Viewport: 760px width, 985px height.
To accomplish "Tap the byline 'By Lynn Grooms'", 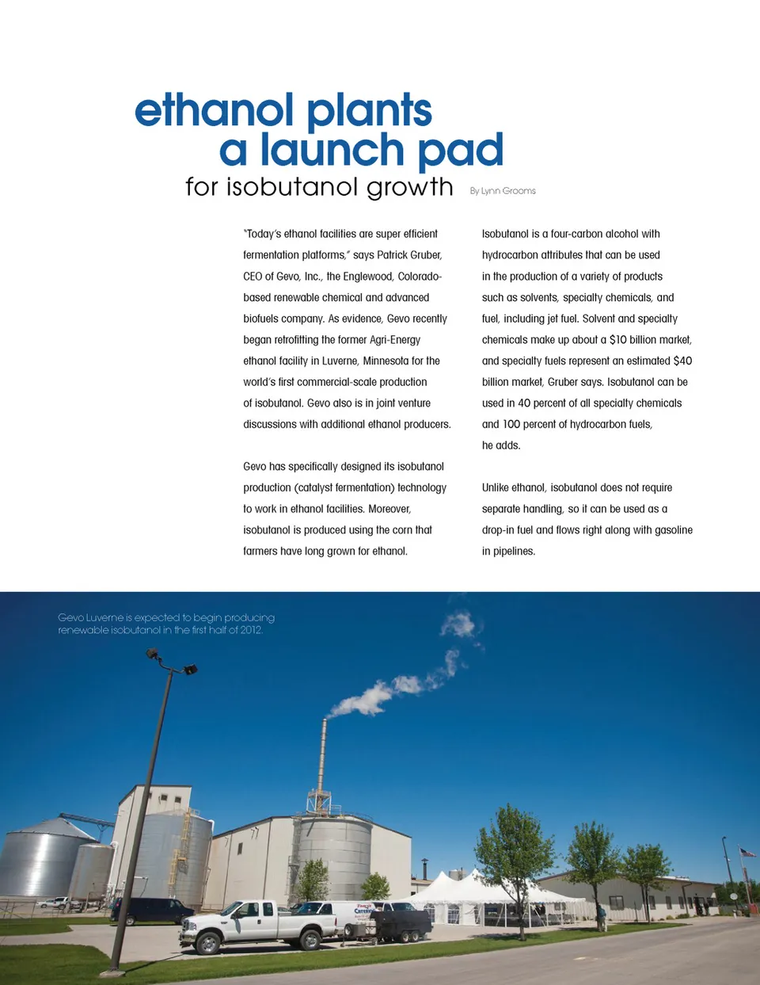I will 503,191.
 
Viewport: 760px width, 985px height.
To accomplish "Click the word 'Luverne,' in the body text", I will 340,361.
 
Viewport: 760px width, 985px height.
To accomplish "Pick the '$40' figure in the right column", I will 682,361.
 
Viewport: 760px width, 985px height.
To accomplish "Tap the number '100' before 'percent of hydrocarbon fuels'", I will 512,424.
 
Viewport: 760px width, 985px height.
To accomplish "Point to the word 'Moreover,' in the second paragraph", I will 389,509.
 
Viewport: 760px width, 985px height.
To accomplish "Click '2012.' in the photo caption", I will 251,630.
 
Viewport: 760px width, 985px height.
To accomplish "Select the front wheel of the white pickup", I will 208,943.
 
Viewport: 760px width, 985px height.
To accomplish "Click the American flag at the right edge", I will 747,853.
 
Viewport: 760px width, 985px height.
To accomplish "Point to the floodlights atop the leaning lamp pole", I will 169,661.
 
